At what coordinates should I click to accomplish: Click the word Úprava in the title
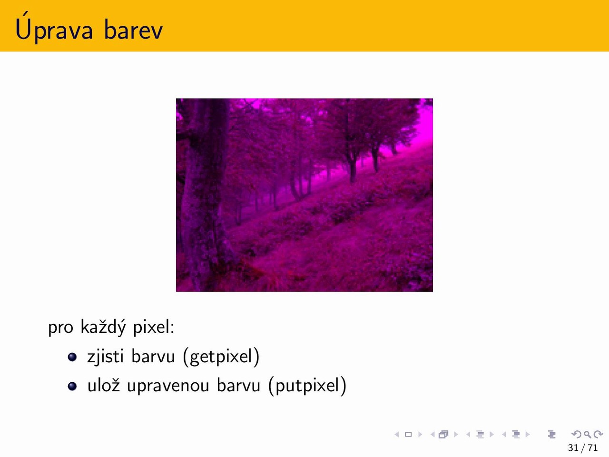(54, 27)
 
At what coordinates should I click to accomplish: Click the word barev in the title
(133, 30)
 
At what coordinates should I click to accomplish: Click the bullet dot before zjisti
(72, 357)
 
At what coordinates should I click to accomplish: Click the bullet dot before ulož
(72, 386)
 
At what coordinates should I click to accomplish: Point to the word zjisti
(105, 356)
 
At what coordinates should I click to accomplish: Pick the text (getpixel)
(221, 356)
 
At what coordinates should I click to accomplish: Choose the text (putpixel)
(307, 386)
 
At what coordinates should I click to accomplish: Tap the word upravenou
(168, 386)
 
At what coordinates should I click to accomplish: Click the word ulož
(104, 384)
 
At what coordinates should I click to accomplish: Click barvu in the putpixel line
(239, 385)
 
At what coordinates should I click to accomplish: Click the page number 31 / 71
(583, 447)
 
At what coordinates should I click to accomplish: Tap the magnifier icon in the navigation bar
(587, 434)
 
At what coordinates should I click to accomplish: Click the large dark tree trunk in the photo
(206, 194)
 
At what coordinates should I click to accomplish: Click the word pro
(60, 328)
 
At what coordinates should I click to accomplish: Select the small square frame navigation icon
(408, 434)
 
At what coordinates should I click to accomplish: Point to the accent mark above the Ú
(25, 14)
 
